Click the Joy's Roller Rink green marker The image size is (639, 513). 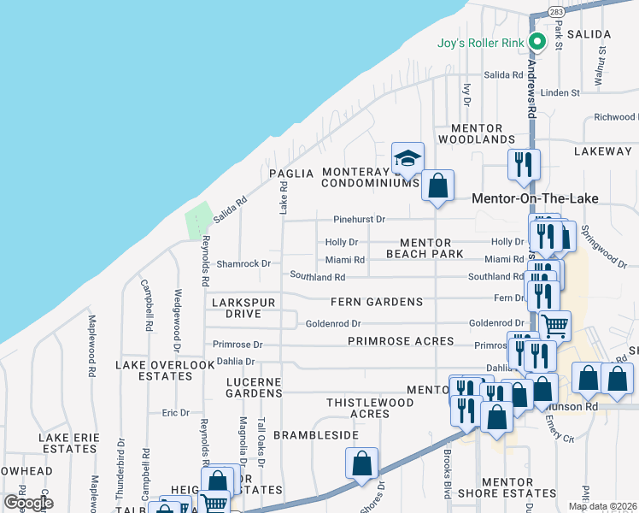tap(537, 41)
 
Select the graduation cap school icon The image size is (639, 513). tap(408, 158)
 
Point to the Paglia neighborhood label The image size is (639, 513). tap(286, 173)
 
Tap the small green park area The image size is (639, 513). tap(198, 221)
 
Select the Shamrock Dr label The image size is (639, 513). tap(243, 263)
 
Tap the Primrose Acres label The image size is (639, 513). tap(401, 341)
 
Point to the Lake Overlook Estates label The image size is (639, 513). tap(165, 371)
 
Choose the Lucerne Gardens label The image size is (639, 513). tap(254, 387)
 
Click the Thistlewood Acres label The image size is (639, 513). tap(370, 408)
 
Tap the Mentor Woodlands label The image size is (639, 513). tap(477, 133)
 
